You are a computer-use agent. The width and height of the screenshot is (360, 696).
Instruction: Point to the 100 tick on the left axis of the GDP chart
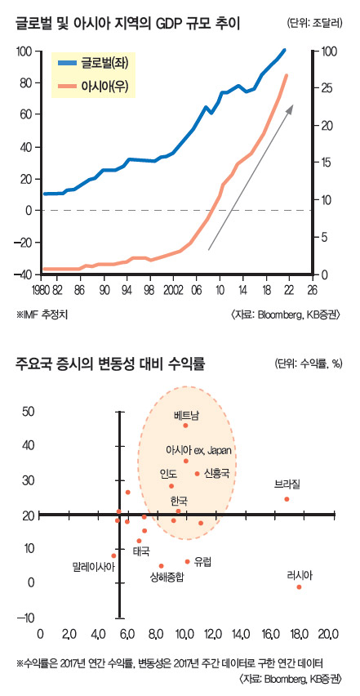pos(23,51)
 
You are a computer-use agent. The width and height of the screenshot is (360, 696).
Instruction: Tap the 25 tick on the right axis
pos(324,89)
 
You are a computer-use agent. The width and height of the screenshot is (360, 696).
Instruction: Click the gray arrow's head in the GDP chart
pos(291,105)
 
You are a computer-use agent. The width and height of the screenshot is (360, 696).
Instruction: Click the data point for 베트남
pos(186,426)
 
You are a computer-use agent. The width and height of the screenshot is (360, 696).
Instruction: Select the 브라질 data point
pos(287,499)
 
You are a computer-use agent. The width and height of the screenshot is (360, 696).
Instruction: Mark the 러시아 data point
pos(300,587)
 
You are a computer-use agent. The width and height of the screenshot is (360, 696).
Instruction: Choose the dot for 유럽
pos(188,561)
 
